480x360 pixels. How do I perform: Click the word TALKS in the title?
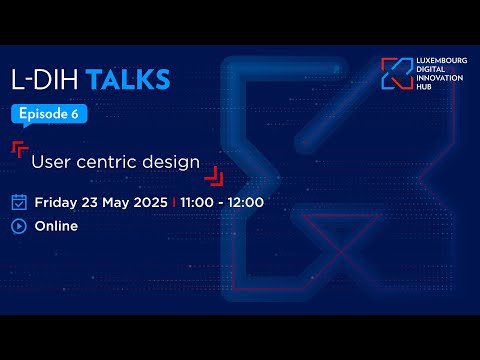pyautogui.click(x=128, y=78)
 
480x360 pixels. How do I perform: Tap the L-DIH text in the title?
pyautogui.click(x=46, y=78)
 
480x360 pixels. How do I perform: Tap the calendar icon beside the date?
pyautogui.click(x=19, y=202)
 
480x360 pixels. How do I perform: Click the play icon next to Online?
pyautogui.click(x=19, y=225)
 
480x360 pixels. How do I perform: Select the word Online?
pyautogui.click(x=57, y=226)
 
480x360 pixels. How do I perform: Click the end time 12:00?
pyautogui.click(x=246, y=202)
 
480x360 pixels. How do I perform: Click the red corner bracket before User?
pyautogui.click(x=19, y=150)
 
